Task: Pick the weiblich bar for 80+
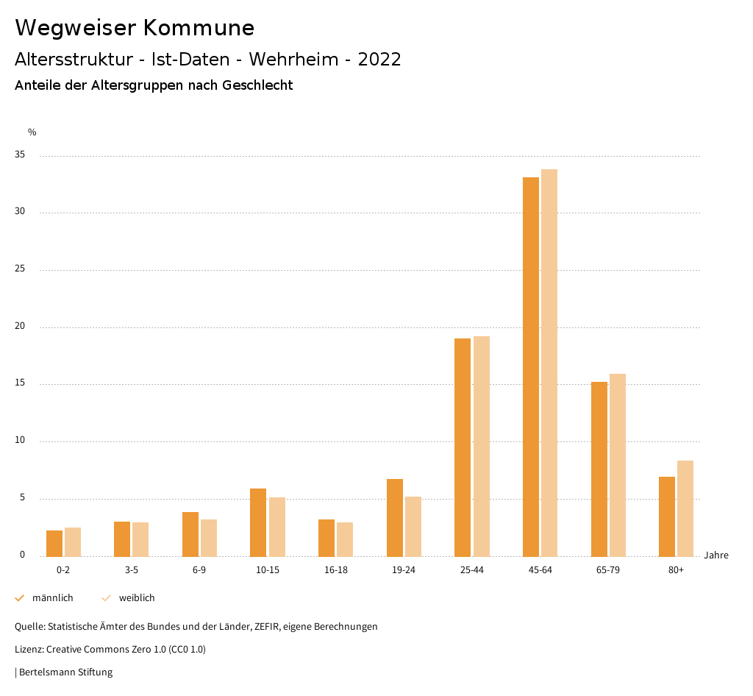(x=685, y=508)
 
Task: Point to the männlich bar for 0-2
(x=54, y=544)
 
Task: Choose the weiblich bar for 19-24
(x=413, y=527)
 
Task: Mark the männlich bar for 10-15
(x=258, y=522)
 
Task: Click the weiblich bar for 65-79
(x=618, y=465)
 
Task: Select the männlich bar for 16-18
(x=326, y=538)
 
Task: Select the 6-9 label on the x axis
(x=199, y=570)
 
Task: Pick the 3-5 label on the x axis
(x=132, y=570)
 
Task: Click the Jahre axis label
(x=715, y=555)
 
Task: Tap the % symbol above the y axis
(x=32, y=132)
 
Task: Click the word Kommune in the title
(x=199, y=28)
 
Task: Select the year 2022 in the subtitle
(x=379, y=60)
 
